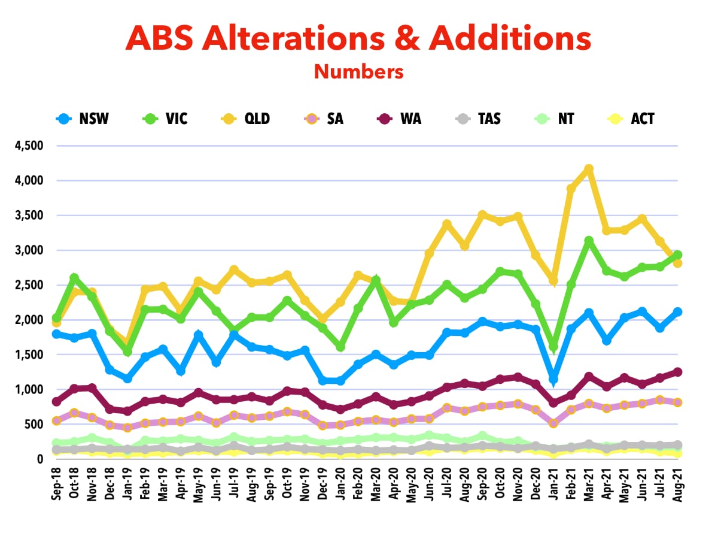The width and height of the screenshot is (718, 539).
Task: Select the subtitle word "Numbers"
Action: (358, 72)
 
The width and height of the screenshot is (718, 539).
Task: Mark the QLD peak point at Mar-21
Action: (589, 169)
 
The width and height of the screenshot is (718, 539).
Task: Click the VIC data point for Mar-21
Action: (589, 241)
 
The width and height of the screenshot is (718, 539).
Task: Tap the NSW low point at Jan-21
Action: (553, 379)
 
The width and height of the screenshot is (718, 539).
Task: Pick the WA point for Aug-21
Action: (677, 372)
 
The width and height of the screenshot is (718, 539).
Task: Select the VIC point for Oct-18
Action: (75, 278)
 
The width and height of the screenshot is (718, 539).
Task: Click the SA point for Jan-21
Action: (553, 423)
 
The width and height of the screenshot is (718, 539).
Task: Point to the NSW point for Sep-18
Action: (57, 334)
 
